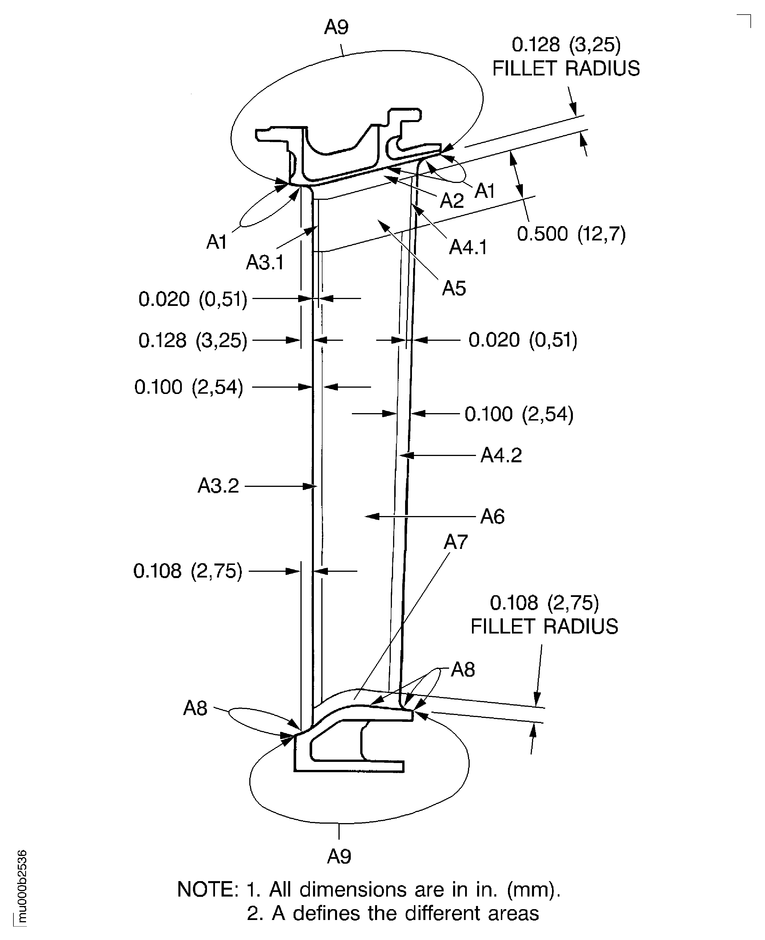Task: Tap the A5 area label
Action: click(x=454, y=289)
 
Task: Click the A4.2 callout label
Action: click(x=501, y=455)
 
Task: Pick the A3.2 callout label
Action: click(x=218, y=486)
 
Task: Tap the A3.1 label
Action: click(x=265, y=263)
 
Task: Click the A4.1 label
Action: click(x=468, y=247)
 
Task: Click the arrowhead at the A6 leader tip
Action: click(x=370, y=516)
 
